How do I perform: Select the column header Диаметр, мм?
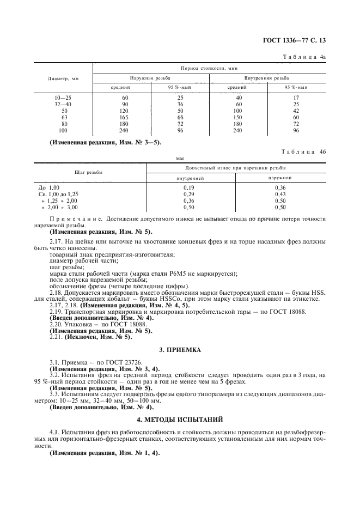64,78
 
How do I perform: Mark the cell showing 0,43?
280,194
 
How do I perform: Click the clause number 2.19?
56,311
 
